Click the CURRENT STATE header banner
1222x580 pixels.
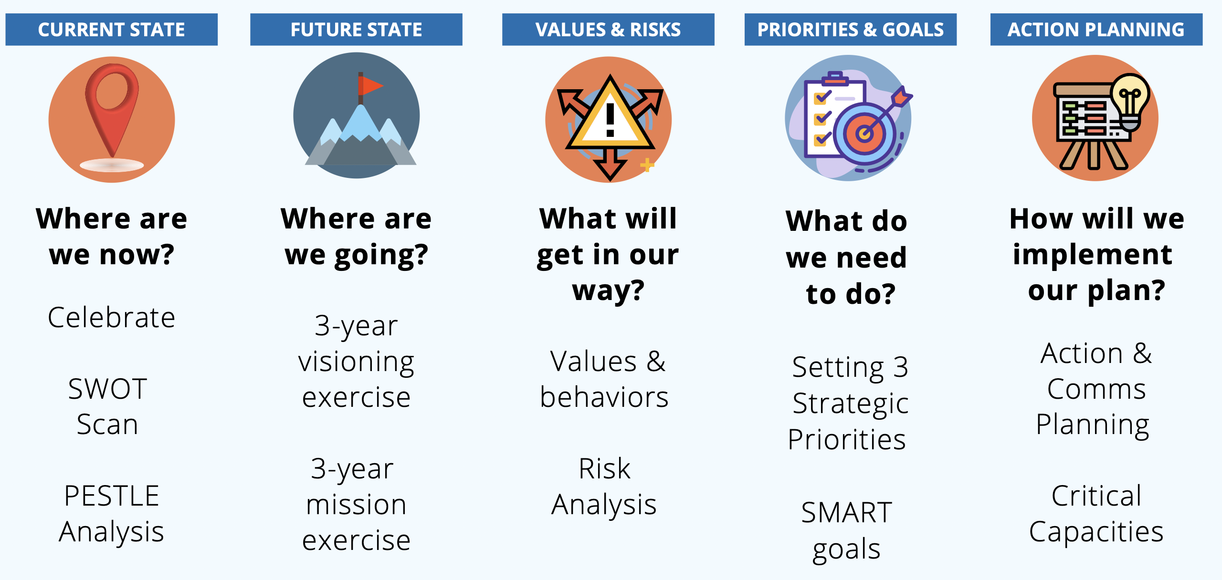[x=111, y=30]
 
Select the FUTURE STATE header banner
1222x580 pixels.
[x=356, y=30]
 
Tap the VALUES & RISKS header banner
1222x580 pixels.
[x=608, y=30]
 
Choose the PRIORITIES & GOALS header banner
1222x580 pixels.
[x=850, y=30]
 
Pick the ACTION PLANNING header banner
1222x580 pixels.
[x=1096, y=30]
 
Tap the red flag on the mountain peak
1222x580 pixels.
[x=370, y=86]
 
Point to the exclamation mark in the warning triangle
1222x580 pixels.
[x=610, y=120]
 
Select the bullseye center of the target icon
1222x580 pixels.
[x=864, y=134]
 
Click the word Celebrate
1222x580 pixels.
[x=111, y=318]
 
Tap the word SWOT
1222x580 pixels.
[x=107, y=389]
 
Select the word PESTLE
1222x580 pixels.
[x=111, y=496]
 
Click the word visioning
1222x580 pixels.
[x=356, y=362]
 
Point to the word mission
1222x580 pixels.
[x=356, y=505]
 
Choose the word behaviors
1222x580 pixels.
[x=604, y=397]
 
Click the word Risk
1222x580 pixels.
[x=604, y=468]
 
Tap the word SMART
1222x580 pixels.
[x=846, y=513]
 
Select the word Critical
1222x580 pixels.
[x=1096, y=496]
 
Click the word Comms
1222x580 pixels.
[x=1096, y=389]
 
